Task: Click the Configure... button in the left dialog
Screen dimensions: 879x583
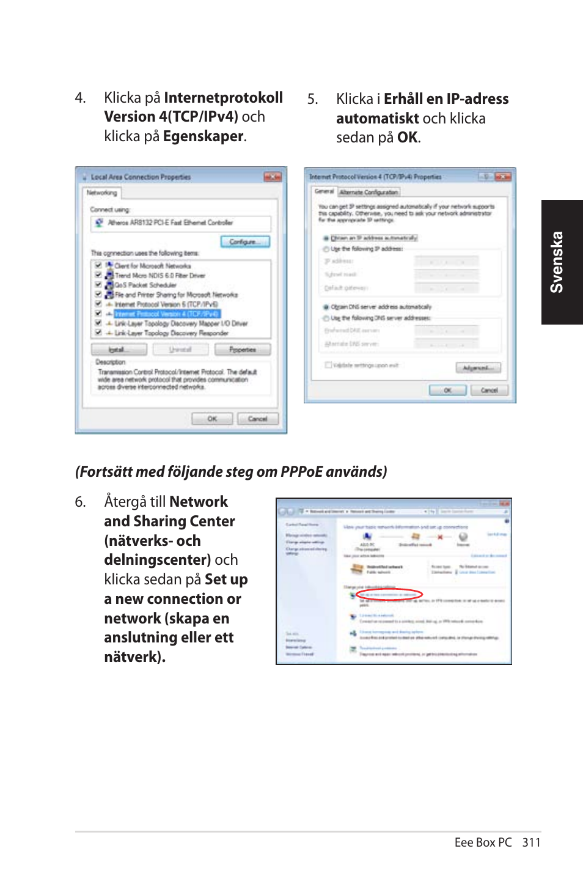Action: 249,241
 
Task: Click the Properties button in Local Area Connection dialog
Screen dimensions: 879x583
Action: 242,350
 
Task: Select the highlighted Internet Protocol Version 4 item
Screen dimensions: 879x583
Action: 166,314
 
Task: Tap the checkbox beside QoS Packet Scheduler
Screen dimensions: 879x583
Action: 98,285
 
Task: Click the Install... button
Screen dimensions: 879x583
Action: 119,350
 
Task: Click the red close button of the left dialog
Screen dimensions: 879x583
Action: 273,177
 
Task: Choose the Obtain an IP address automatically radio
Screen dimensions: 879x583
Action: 326,238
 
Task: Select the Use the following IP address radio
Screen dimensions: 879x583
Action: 326,249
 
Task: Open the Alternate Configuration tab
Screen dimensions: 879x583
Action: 369,192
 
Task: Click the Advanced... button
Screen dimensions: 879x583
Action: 478,367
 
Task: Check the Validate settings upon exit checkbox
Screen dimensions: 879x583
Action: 328,365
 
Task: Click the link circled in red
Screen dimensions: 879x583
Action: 389,594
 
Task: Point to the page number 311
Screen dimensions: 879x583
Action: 531,842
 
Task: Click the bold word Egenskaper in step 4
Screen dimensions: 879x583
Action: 203,136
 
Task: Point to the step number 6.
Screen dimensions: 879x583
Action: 80,502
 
